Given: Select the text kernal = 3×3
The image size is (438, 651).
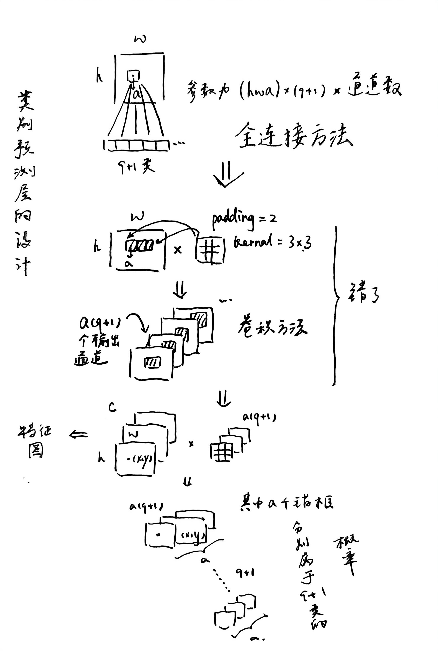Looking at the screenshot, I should (x=272, y=242).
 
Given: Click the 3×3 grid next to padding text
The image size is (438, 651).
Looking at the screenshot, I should (x=210, y=250).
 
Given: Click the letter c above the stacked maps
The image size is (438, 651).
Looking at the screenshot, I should (x=112, y=408).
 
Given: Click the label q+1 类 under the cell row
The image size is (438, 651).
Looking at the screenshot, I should (x=136, y=167).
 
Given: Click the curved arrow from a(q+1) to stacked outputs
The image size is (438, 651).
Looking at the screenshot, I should (x=138, y=323).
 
